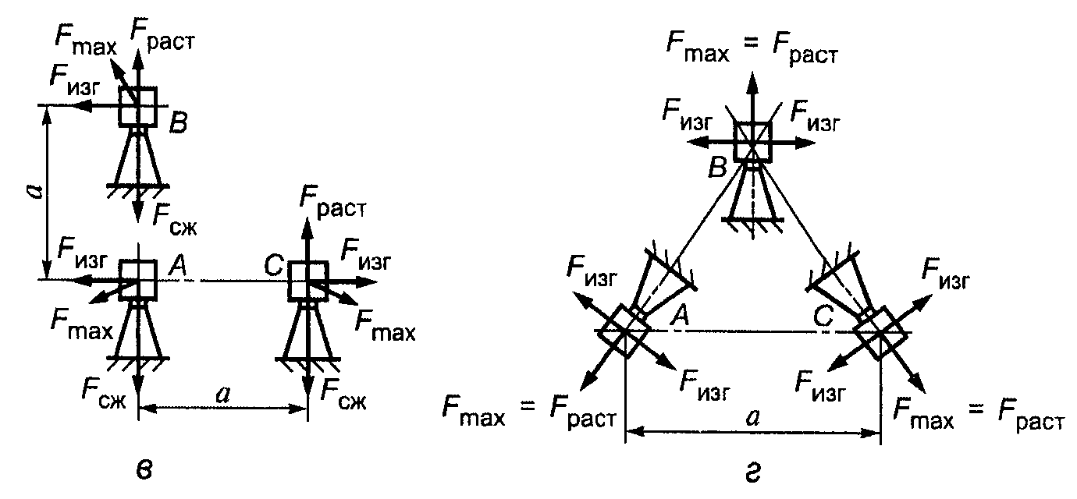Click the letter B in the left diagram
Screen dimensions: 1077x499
click(x=178, y=123)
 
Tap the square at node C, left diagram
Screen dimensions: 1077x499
click(x=308, y=281)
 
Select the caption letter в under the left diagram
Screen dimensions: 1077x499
click(x=144, y=470)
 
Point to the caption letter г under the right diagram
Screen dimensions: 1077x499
click(x=752, y=473)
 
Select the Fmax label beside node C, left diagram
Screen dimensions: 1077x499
click(x=385, y=326)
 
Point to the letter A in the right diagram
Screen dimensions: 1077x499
click(x=681, y=316)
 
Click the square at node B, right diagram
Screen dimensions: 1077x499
click(x=752, y=142)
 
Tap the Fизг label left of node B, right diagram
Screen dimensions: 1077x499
click(x=687, y=115)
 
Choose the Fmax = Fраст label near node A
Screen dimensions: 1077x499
click(x=529, y=413)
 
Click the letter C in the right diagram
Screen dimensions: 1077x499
click(x=823, y=317)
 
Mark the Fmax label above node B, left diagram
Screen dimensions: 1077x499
click(x=86, y=40)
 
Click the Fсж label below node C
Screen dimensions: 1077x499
click(x=343, y=394)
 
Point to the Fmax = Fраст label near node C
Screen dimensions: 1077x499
click(x=979, y=414)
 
